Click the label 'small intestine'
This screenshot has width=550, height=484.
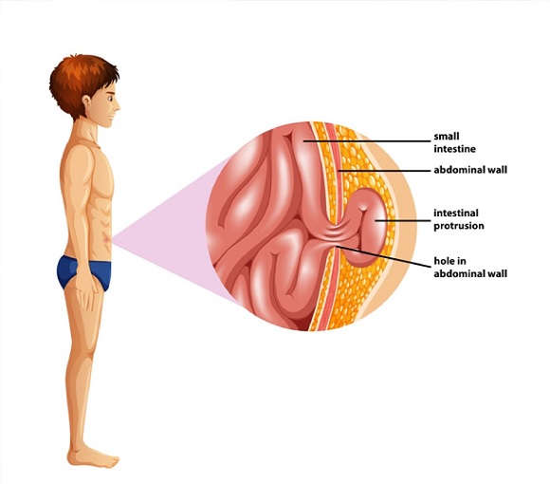pos(454,142)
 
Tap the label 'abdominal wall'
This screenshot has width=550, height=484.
pos(470,170)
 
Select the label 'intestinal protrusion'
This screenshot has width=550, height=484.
pos(459,219)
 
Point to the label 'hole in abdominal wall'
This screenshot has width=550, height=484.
pos(470,267)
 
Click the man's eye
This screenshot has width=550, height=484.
pos(111,98)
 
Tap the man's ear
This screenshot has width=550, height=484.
pos(86,102)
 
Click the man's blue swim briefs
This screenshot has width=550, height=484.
pos(84,272)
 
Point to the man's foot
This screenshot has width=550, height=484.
pos(93,456)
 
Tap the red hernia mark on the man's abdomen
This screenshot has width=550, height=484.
pos(106,239)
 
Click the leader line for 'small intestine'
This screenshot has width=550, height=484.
pos(367,141)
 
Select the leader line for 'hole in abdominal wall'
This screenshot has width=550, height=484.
pos(383,257)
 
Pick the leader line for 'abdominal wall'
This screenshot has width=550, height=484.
pos(384,171)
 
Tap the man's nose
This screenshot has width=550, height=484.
pos(118,105)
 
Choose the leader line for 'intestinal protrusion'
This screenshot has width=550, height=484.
pos(403,221)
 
